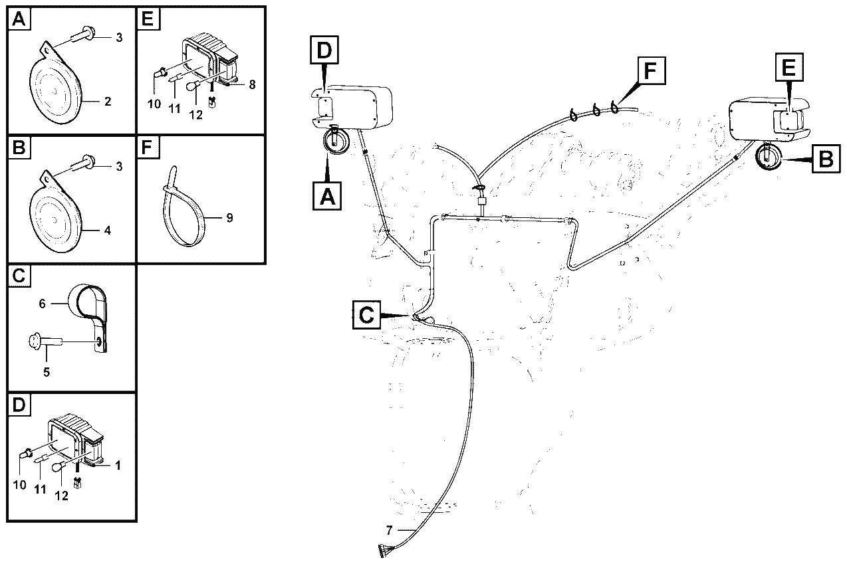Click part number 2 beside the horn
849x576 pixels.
coord(108,102)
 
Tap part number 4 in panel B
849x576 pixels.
coord(108,231)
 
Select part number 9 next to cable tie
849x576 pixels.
coord(229,218)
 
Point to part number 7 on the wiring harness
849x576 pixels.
coord(389,531)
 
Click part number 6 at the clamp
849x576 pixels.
coord(42,304)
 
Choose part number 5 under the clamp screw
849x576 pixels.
coord(47,372)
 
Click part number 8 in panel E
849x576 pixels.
coord(253,84)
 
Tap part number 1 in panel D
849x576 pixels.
coord(118,466)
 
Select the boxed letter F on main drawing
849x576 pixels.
coord(652,70)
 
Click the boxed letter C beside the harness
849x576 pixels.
coord(366,315)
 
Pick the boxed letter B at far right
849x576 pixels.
coord(826,159)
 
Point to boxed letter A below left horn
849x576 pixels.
coord(327,196)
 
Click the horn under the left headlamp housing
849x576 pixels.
coord(334,140)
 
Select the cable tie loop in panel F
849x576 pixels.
coord(184,212)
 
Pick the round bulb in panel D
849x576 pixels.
coord(58,467)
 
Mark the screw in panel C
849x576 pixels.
coord(45,340)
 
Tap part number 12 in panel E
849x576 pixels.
coord(195,115)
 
